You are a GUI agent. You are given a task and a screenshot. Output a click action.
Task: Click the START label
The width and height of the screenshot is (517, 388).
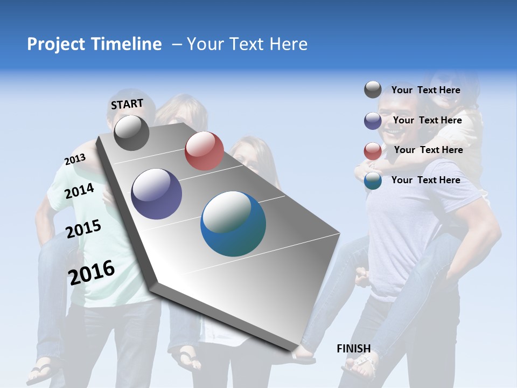[x=127, y=103]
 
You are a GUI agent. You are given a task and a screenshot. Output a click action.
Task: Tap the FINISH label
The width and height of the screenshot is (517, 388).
[x=354, y=349]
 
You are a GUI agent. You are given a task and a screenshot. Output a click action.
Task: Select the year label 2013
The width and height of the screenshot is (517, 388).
[x=75, y=160]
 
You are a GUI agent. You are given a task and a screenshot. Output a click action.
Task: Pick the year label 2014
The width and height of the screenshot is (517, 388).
[x=80, y=191]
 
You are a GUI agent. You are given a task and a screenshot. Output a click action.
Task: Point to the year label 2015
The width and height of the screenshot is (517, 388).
[x=83, y=229]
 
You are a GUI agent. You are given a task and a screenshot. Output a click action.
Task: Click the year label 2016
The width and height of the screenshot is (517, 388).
[x=92, y=272]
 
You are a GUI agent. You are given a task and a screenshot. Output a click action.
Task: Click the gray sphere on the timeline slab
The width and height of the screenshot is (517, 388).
[x=131, y=133]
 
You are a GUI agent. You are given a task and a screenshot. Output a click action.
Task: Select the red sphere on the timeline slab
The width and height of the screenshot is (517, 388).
[x=204, y=151]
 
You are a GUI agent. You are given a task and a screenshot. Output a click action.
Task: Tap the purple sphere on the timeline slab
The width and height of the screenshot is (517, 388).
[x=157, y=194]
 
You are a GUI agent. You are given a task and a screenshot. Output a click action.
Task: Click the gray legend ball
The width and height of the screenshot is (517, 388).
[x=373, y=89]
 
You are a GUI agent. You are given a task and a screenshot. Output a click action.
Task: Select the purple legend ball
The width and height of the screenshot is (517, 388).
[x=373, y=121]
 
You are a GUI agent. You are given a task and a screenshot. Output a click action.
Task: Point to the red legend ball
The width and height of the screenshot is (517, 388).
[x=373, y=151]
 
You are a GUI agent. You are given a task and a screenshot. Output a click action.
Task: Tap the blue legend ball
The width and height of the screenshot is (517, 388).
[x=373, y=181]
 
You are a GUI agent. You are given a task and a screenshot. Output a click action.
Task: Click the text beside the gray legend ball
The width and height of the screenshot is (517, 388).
[x=425, y=90]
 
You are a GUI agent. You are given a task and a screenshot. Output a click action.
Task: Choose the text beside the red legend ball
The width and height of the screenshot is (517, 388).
[x=428, y=150]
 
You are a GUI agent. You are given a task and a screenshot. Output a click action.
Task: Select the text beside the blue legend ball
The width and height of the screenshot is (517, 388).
[x=425, y=180]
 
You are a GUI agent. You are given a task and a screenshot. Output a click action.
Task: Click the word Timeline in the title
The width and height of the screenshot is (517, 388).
[x=128, y=44]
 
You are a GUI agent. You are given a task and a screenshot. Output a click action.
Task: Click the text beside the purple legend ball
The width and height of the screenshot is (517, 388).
[x=427, y=120]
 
